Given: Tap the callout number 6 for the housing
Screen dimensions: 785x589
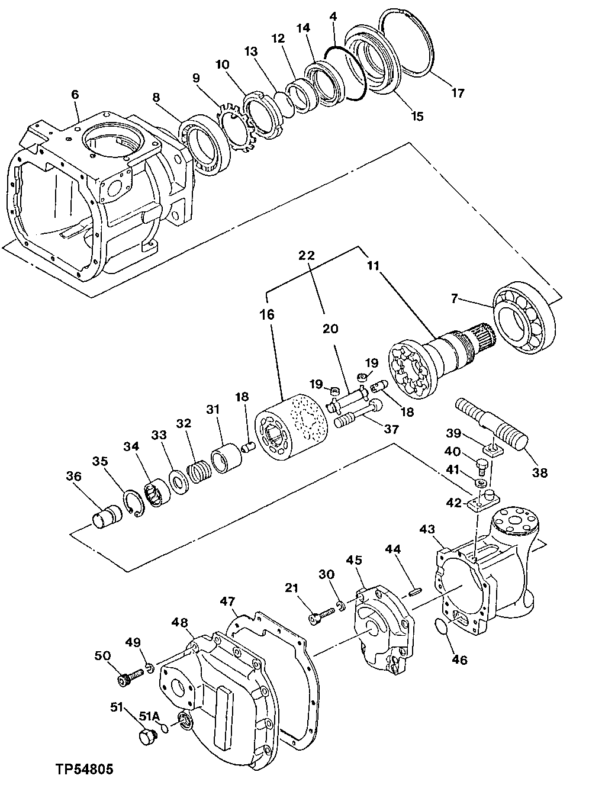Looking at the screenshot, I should pos(75,95).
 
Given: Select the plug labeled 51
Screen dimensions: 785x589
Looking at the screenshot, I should pos(146,738).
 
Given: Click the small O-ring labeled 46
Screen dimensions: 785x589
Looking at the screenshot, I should pos(440,626).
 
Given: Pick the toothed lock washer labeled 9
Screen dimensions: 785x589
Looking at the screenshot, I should pos(238,123).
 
